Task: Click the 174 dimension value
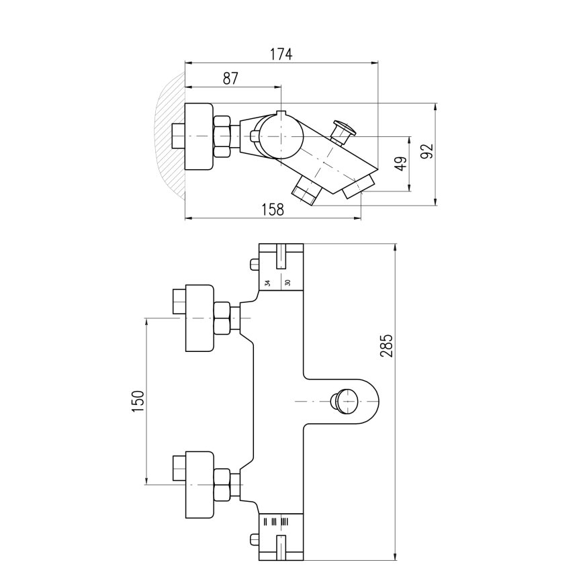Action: point(281,54)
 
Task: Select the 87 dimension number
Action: point(230,78)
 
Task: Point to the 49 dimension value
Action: point(400,164)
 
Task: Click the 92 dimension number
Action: point(427,152)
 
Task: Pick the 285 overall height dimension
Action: point(387,345)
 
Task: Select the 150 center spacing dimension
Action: point(138,401)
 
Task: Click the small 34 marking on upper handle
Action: point(267,283)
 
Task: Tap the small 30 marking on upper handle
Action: point(287,283)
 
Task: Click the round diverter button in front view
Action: point(347,402)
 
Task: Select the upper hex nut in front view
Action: point(222,318)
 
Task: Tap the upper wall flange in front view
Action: point(199,318)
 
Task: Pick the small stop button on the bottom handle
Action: point(254,539)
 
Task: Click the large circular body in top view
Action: point(281,137)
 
